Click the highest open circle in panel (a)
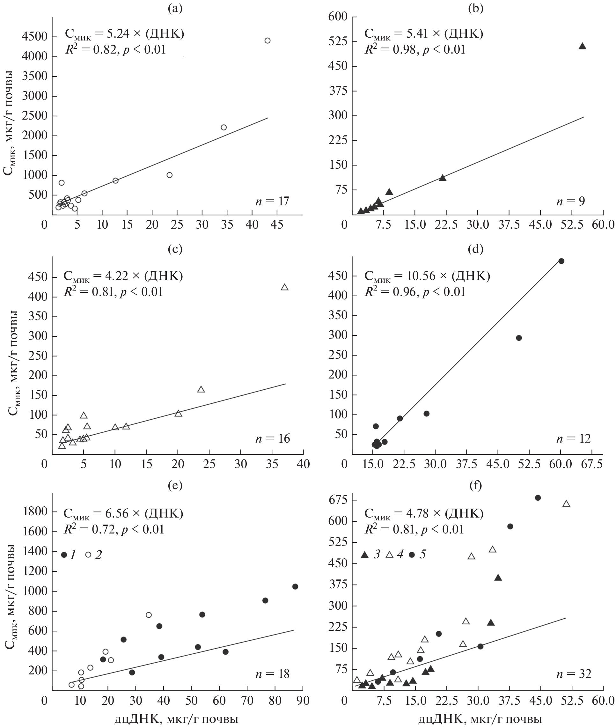[268, 40]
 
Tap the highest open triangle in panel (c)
[285, 287]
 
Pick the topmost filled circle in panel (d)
[561, 261]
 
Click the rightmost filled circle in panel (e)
[295, 587]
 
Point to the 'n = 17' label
[272, 201]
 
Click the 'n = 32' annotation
[574, 674]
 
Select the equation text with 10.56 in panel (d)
[427, 276]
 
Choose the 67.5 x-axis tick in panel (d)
[593, 464]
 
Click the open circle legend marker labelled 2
[88, 555]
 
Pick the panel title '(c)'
[175, 249]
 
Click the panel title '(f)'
[476, 485]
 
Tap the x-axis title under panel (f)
[480, 718]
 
